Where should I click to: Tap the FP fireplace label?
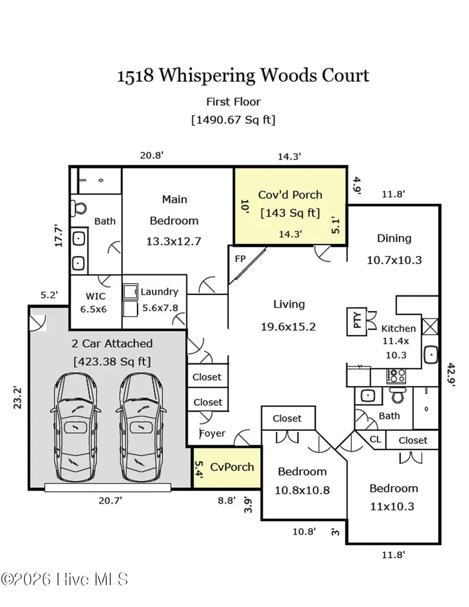(x=240, y=258)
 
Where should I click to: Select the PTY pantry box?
(x=358, y=322)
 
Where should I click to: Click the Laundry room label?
(x=159, y=292)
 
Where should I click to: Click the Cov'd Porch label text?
(x=290, y=194)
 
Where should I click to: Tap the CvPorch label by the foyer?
(x=231, y=467)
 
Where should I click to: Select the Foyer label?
(x=212, y=433)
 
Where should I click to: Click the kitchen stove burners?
(x=396, y=376)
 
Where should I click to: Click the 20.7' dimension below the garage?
(x=110, y=500)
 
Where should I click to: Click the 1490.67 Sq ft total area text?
(x=233, y=119)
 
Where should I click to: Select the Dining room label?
(x=394, y=238)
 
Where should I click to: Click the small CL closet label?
(x=375, y=439)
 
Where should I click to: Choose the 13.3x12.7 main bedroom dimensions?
(x=173, y=241)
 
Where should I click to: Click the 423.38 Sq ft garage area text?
(x=111, y=361)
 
